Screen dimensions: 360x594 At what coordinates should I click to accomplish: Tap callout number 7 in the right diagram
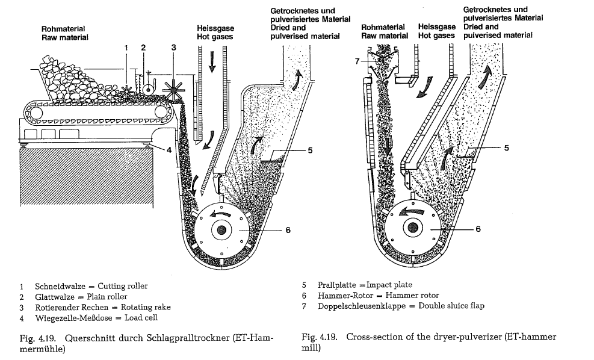tap(356, 61)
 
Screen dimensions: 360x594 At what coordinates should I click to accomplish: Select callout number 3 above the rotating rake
tap(173, 47)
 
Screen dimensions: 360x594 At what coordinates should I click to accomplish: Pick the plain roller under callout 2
tap(144, 88)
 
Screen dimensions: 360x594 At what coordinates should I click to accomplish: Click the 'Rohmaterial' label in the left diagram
tap(63, 29)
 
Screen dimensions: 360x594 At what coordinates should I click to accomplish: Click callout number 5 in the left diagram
tap(309, 151)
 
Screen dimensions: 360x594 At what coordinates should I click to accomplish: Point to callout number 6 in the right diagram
tap(478, 229)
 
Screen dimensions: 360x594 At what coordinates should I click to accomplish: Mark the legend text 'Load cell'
tap(139, 318)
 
